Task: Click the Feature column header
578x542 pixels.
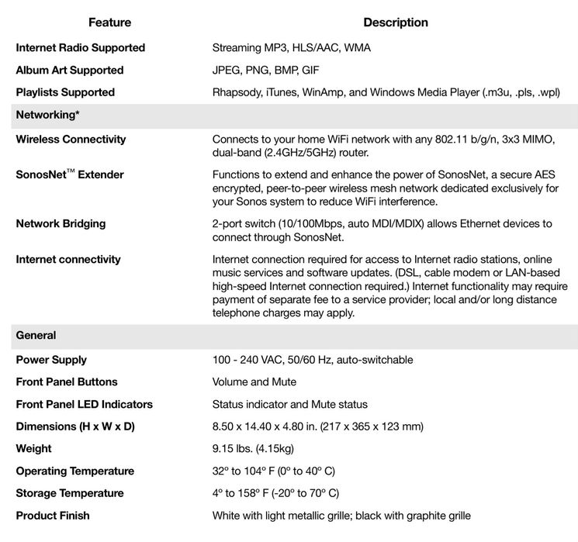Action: pyautogui.click(x=109, y=22)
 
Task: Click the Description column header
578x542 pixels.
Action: pyautogui.click(x=396, y=22)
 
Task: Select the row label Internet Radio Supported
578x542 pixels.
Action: pyautogui.click(x=81, y=47)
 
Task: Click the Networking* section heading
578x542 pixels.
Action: pyautogui.click(x=48, y=115)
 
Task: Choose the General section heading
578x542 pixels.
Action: pyautogui.click(x=36, y=336)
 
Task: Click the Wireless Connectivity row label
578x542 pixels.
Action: pyautogui.click(x=71, y=140)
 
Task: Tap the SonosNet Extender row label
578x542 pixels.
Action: pyautogui.click(x=70, y=175)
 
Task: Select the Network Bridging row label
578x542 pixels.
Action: pyautogui.click(x=61, y=224)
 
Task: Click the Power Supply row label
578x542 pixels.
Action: pyautogui.click(x=51, y=360)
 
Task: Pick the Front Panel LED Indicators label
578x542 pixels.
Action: pyautogui.click(x=85, y=404)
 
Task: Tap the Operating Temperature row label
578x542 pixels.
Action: pyautogui.click(x=75, y=471)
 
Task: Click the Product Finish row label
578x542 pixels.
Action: pyautogui.click(x=53, y=516)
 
